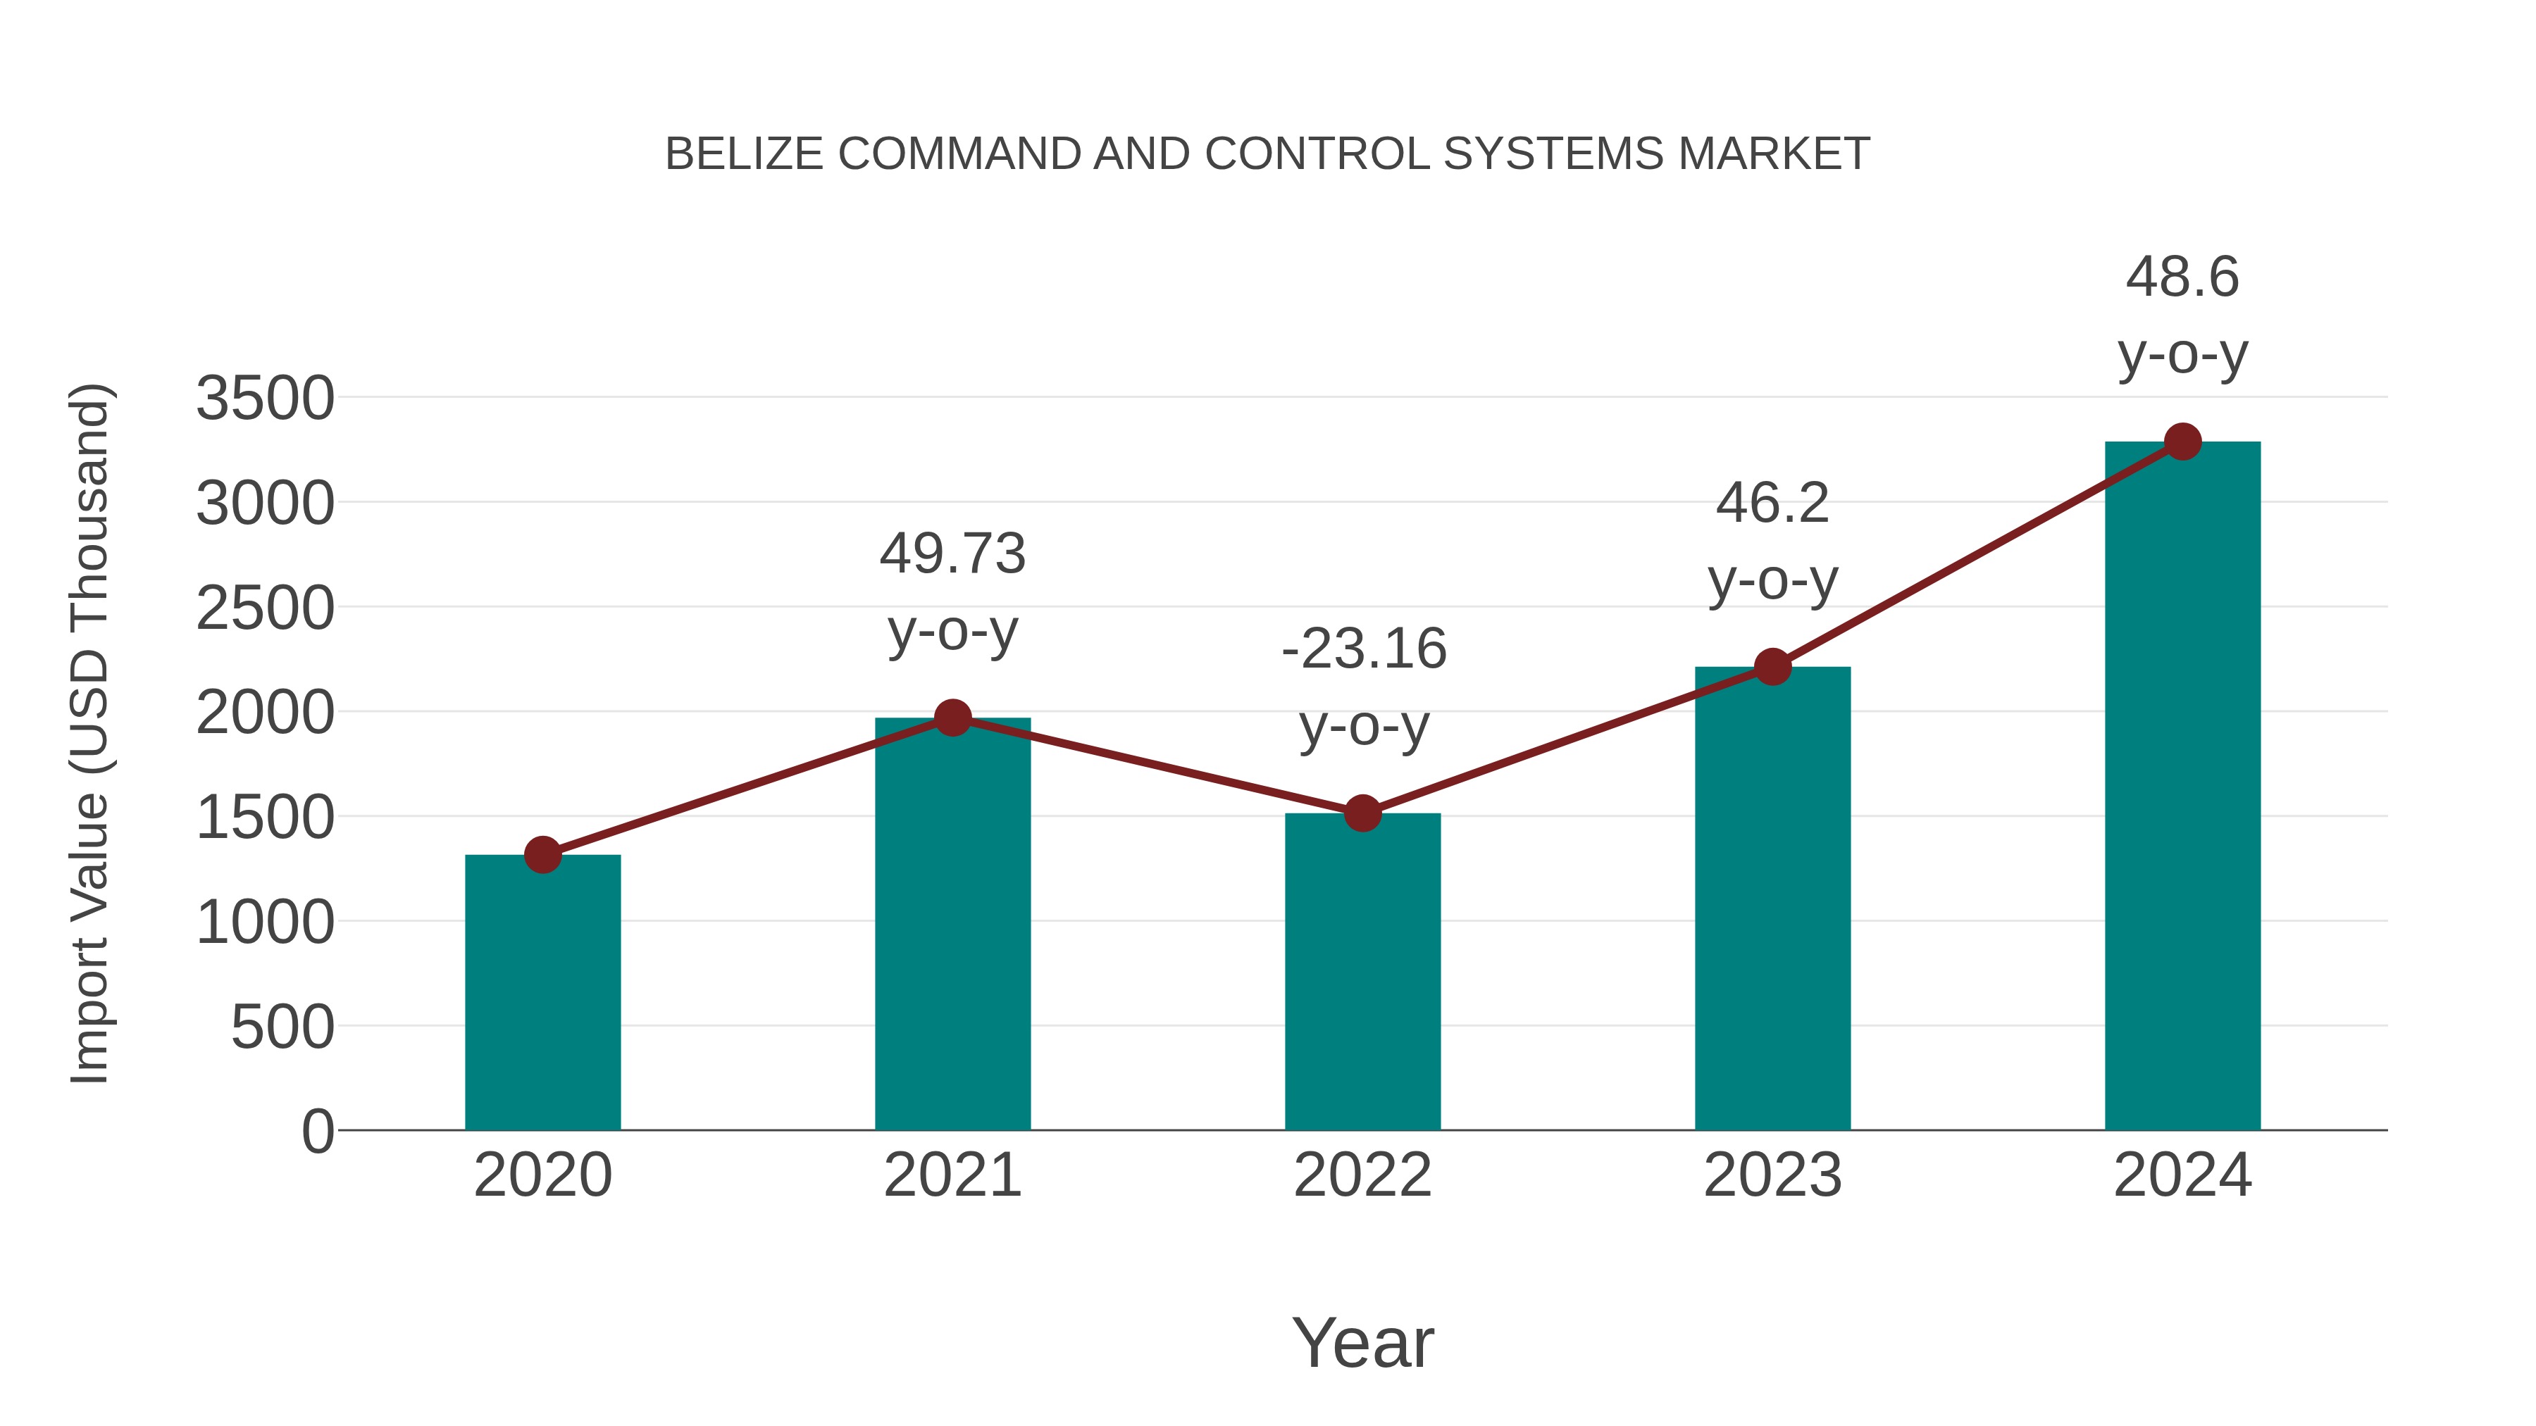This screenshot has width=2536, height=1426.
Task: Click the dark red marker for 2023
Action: pos(1772,668)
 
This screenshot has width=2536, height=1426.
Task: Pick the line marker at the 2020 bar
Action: pos(542,854)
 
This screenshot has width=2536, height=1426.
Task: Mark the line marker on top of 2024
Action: pos(2182,442)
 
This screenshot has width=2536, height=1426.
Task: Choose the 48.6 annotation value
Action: pos(2182,277)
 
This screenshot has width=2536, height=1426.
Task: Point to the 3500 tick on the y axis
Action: pos(265,399)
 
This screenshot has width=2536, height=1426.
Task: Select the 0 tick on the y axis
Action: pos(317,1131)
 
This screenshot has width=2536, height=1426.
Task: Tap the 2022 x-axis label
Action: pos(1362,1175)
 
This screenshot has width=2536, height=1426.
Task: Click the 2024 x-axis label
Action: pos(2182,1175)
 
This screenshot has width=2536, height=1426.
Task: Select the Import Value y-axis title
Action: pos(89,733)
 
